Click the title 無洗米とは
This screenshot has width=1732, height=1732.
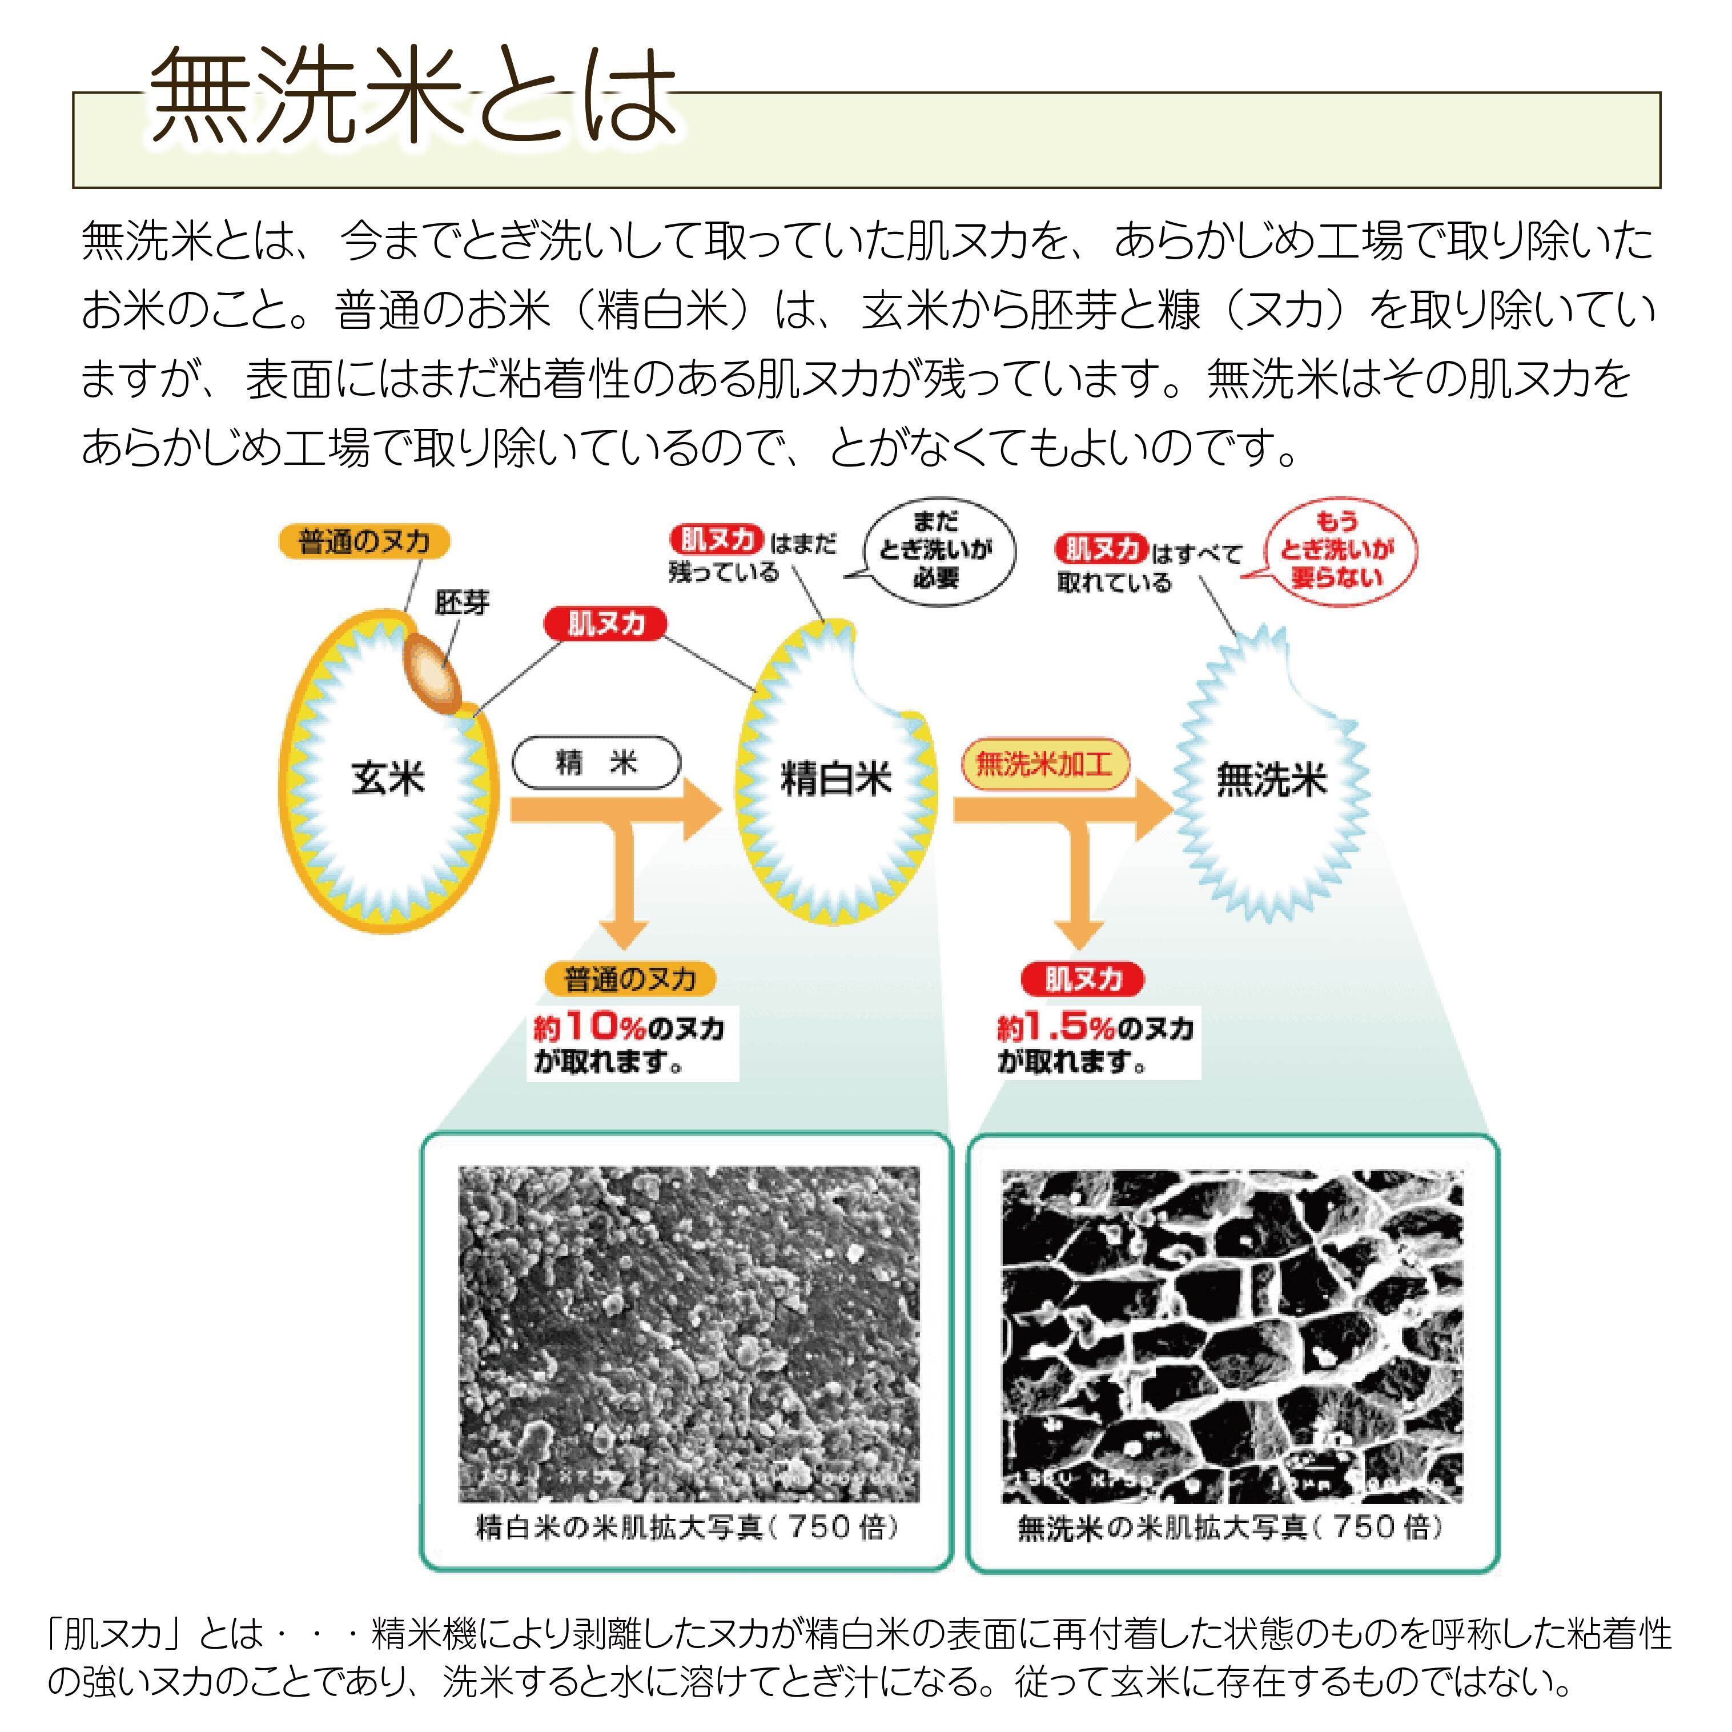412,97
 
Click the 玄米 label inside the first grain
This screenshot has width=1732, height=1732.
387,777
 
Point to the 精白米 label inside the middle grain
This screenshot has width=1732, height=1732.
837,778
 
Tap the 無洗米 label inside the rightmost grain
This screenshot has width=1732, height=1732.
1271,778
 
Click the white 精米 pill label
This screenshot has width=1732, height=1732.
596,763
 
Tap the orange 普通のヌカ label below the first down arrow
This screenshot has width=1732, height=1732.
630,979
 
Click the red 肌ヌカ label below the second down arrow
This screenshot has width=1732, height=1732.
1083,979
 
